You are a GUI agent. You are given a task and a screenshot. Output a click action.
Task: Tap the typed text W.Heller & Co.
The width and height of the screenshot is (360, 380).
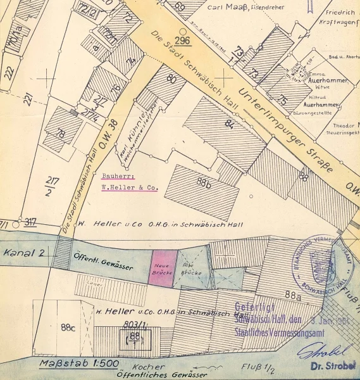(129, 188)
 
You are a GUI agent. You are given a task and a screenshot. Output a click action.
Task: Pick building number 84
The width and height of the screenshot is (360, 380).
(228, 123)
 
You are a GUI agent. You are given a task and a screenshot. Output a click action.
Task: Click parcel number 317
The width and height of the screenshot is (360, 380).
(29, 222)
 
